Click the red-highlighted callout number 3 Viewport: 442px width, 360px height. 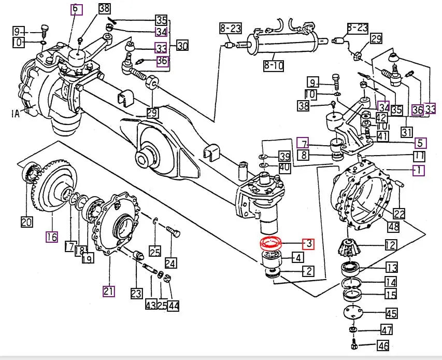[x=308, y=243]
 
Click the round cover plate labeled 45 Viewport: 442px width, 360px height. [x=354, y=313]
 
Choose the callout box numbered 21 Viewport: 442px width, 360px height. [x=108, y=290]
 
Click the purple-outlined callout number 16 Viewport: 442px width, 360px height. [x=51, y=237]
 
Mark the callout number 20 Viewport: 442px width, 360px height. [x=26, y=222]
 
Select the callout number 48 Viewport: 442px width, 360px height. [x=394, y=226]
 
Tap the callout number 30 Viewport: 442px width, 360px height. [x=182, y=46]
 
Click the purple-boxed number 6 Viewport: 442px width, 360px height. [x=76, y=9]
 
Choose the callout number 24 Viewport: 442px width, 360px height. [x=170, y=263]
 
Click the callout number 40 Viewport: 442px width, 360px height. [x=284, y=167]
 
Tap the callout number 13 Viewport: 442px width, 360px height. [x=391, y=268]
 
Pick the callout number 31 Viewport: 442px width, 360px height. [x=407, y=132]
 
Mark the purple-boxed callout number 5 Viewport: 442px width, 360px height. [x=420, y=143]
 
